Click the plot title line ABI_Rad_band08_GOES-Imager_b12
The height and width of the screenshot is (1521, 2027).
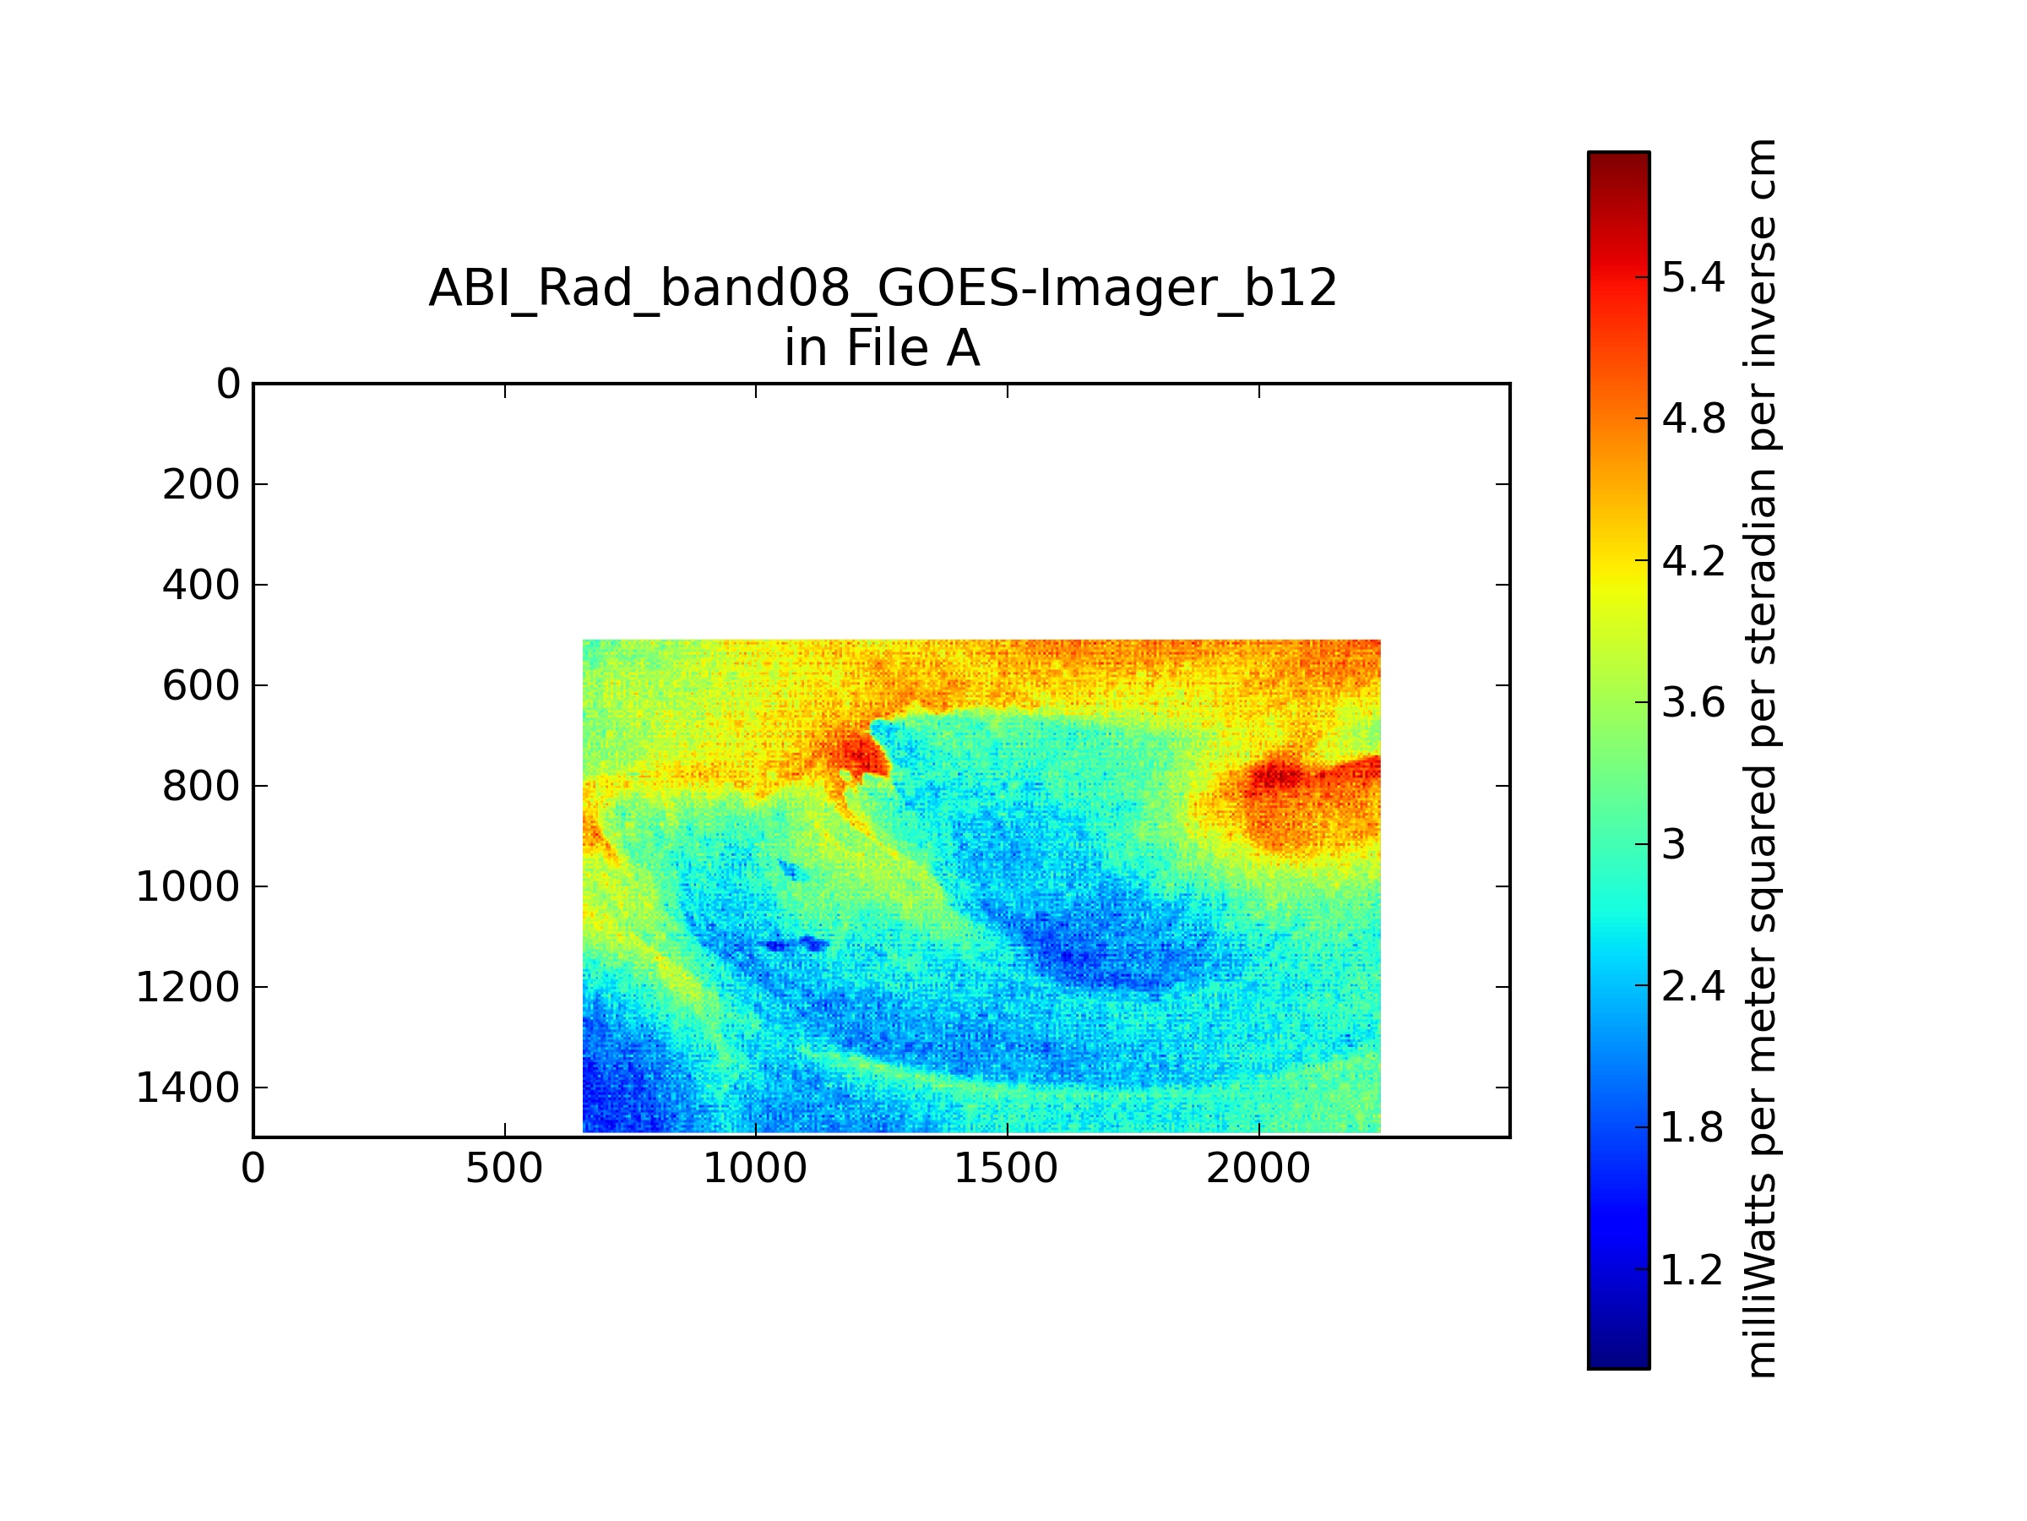pyautogui.click(x=883, y=290)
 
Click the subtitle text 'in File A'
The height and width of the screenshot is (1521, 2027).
pyautogui.click(x=883, y=348)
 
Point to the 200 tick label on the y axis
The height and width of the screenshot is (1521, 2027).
pyautogui.click(x=202, y=485)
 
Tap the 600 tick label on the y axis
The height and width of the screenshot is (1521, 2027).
pyautogui.click(x=202, y=686)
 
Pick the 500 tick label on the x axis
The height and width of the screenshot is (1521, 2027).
pyautogui.click(x=504, y=1169)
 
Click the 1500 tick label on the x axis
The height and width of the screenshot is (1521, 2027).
pyautogui.click(x=1007, y=1169)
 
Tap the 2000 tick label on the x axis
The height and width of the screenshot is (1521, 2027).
pyautogui.click(x=1258, y=1169)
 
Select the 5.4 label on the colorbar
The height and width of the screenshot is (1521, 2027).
pyautogui.click(x=1693, y=277)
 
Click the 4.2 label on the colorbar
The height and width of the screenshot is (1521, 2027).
pyautogui.click(x=1693, y=560)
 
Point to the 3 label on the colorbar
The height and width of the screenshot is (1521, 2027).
pyautogui.click(x=1673, y=844)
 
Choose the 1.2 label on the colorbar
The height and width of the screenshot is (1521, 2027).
pyautogui.click(x=1693, y=1270)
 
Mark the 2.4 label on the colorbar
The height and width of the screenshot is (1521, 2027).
pyautogui.click(x=1693, y=986)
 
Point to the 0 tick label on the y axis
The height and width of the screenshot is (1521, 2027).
pyautogui.click(x=228, y=384)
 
